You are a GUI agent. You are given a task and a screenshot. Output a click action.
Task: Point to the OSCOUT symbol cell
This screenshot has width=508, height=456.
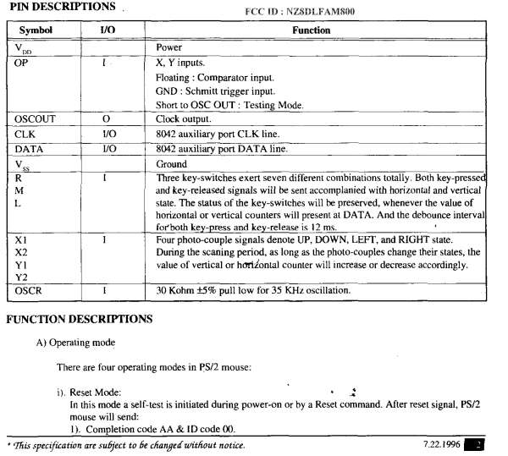pos(35,119)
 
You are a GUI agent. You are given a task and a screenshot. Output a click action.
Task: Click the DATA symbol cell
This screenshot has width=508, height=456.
pos(30,149)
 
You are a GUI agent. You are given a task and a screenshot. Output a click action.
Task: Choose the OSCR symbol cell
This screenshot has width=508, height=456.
pos(30,292)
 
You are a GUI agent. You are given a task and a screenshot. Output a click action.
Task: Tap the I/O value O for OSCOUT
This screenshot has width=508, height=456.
pos(105,119)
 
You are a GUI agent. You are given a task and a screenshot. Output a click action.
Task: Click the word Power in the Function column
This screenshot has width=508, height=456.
pos(170,48)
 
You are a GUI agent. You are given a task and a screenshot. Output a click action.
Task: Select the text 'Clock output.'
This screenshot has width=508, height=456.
pos(186,119)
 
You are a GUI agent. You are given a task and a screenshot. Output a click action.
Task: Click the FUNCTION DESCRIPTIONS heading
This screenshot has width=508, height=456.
pos(79,320)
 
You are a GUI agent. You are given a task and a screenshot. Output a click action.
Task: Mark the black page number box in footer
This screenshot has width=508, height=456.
pos(478,444)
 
